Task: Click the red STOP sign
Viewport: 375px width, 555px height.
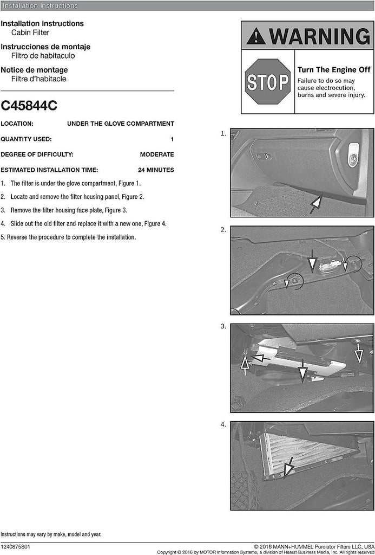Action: click(x=267, y=81)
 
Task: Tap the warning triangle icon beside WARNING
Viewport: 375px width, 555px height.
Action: click(x=256, y=36)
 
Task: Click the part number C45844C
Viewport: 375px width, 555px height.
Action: click(x=29, y=106)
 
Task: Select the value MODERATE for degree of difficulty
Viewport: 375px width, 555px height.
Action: click(x=157, y=154)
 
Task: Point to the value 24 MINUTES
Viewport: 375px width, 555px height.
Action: click(x=156, y=170)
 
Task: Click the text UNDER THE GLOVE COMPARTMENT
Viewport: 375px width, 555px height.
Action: click(x=120, y=124)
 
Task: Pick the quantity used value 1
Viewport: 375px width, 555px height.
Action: click(x=172, y=139)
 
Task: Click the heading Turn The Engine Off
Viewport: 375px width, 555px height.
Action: click(x=334, y=70)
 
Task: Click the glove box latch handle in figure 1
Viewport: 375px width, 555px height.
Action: click(x=264, y=157)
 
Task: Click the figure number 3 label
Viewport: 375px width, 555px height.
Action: click(x=223, y=326)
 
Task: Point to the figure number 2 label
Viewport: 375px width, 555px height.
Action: click(x=223, y=230)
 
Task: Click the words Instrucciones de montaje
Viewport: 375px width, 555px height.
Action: click(x=45, y=47)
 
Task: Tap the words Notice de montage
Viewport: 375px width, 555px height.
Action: click(x=34, y=70)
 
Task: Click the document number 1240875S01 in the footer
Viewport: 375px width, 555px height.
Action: click(x=16, y=547)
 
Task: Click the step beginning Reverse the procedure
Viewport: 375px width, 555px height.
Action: click(x=68, y=237)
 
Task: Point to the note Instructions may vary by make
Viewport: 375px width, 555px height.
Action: click(x=50, y=534)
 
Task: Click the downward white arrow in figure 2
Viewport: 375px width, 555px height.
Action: click(x=311, y=262)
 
